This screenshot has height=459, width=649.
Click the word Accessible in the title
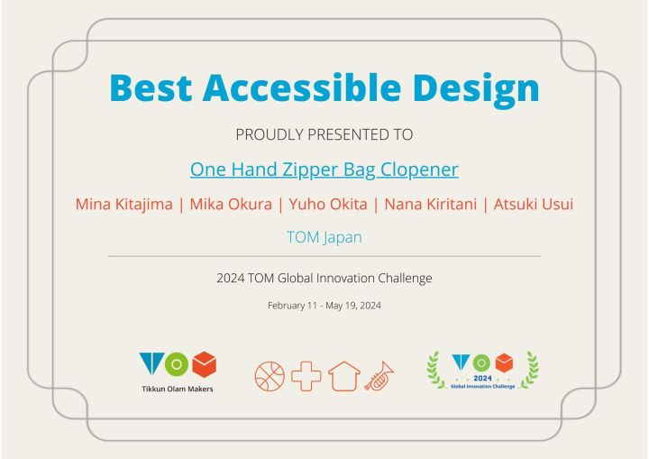point(302,87)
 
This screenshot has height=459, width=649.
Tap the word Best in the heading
point(151,87)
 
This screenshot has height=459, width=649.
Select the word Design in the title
point(476,90)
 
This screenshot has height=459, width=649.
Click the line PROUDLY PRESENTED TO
point(324,134)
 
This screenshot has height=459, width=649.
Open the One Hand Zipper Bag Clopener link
point(324,170)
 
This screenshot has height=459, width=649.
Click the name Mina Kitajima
point(124,204)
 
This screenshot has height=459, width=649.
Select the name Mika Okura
point(231,204)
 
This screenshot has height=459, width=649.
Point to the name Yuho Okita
point(328,204)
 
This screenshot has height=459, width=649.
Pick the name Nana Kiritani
point(431,204)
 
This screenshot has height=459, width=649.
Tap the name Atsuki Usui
point(533,204)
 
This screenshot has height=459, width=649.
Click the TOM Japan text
point(324,237)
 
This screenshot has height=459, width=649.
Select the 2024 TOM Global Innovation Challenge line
point(324,278)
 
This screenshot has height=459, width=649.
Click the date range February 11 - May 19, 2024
point(324,306)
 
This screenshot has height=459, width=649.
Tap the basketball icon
point(270,377)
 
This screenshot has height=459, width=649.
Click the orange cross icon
point(306,376)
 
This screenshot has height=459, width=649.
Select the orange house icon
point(344,376)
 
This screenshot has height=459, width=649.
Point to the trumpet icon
point(379,376)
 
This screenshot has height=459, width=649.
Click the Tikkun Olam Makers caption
point(178,389)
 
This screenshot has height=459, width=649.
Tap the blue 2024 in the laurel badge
point(482,378)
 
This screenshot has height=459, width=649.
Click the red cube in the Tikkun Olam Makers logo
point(205,364)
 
